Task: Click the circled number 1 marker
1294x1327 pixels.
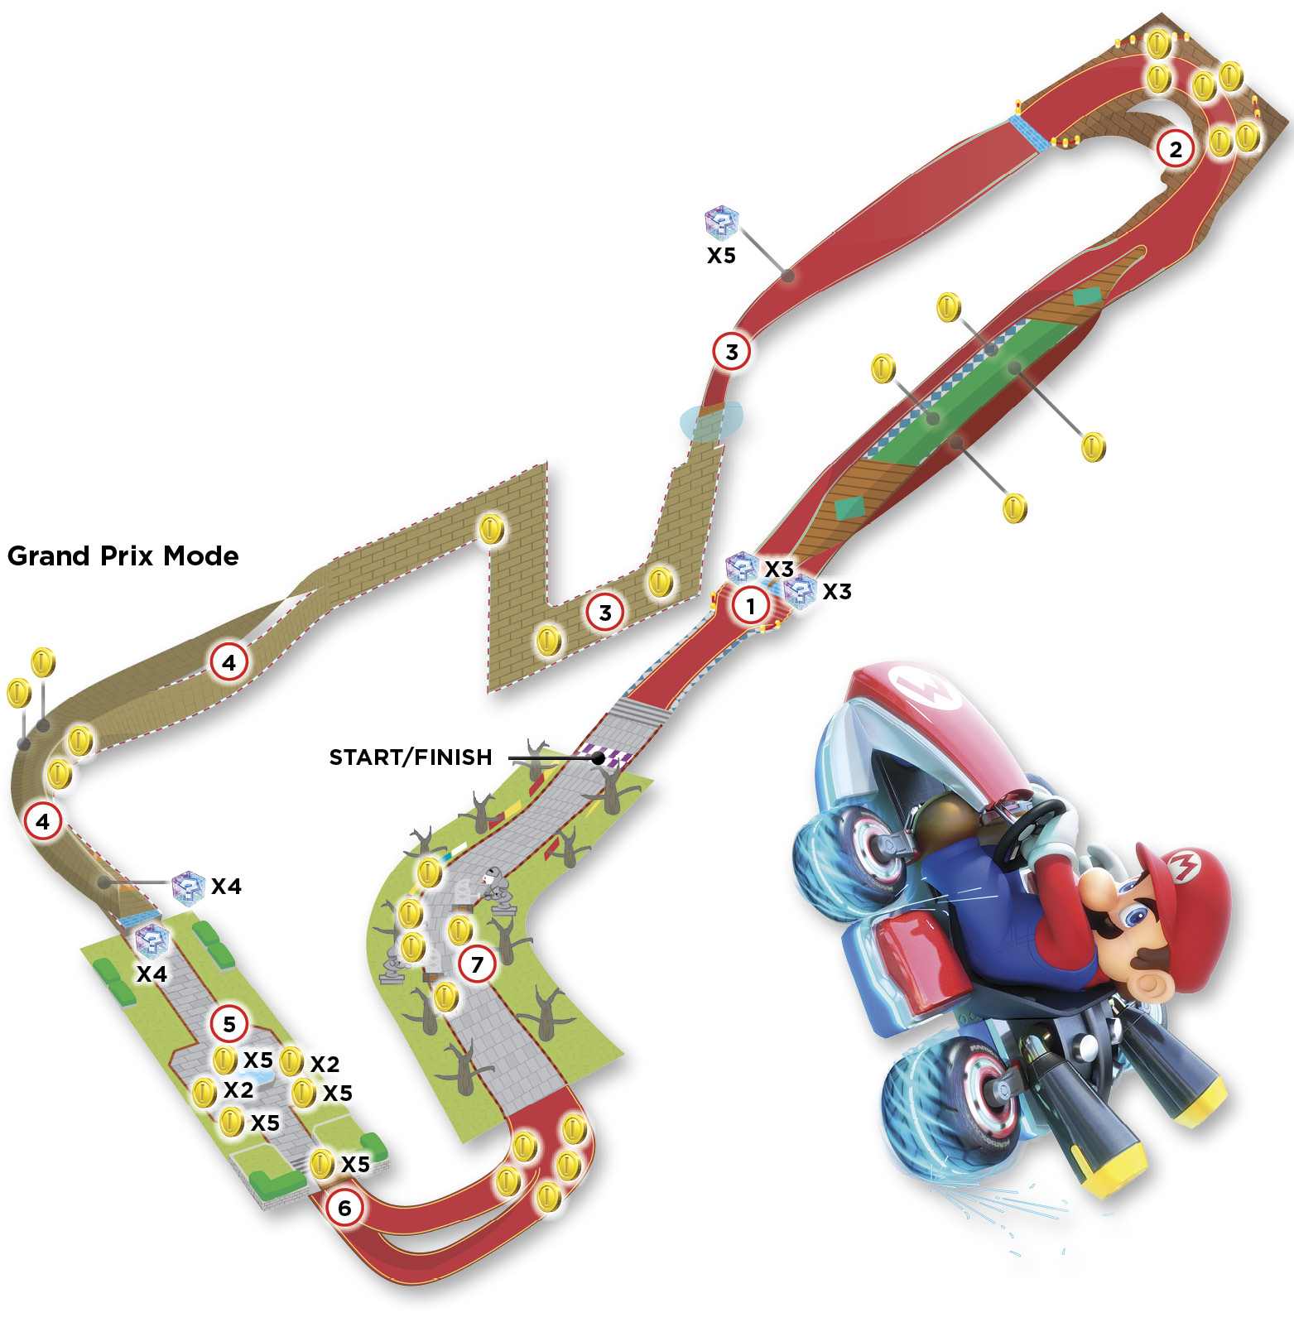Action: (x=750, y=606)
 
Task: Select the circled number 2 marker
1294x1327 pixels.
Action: (x=1175, y=150)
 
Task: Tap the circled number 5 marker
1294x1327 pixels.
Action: (x=229, y=1024)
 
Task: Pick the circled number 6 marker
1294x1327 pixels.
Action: (x=344, y=1209)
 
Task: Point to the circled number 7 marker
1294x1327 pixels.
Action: (x=477, y=964)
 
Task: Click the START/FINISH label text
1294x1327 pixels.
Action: (x=411, y=757)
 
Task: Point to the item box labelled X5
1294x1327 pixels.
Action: (x=721, y=222)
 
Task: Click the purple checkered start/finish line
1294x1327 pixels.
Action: (x=606, y=755)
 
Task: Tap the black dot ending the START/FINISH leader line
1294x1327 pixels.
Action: (x=599, y=757)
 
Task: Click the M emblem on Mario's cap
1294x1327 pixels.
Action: (x=1183, y=866)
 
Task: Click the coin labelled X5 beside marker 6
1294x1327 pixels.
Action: (x=322, y=1164)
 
